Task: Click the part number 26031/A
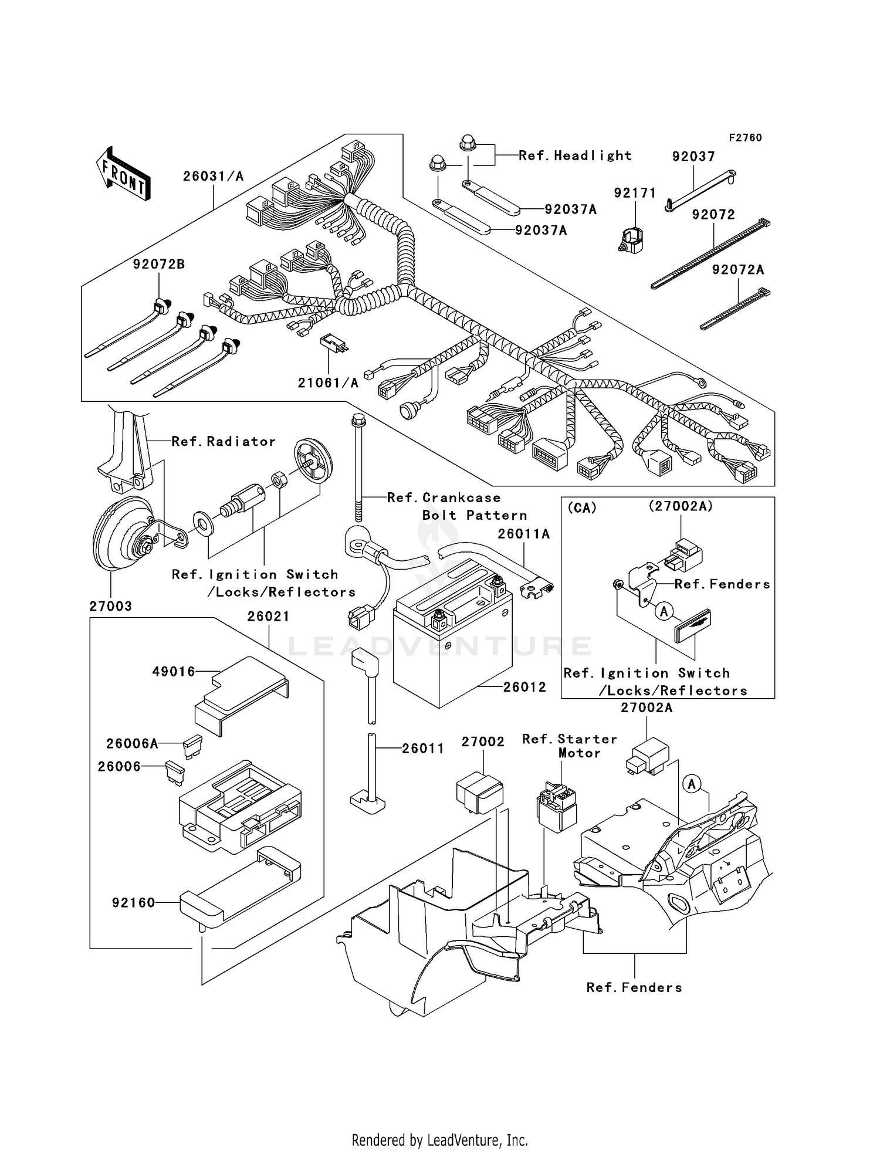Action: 213,176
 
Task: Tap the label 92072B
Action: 158,265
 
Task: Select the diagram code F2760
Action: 745,138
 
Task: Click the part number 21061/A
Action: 328,383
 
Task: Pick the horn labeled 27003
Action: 123,534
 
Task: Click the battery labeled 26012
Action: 452,639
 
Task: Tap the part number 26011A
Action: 524,534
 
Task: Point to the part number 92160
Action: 134,903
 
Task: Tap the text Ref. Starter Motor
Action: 569,746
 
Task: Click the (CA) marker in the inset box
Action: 582,508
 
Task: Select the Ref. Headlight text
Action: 575,155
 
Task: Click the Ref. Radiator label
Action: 223,442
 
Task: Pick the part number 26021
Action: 268,617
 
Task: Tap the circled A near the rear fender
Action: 692,784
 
